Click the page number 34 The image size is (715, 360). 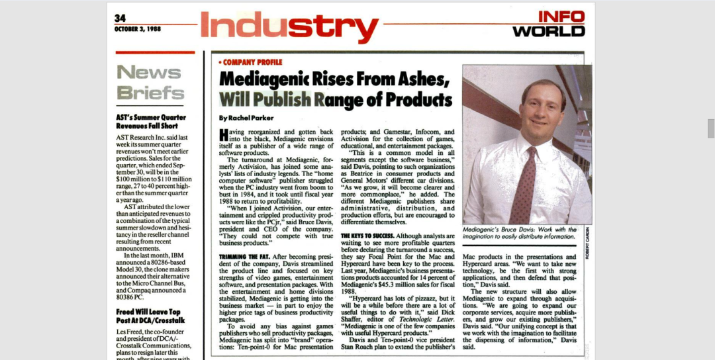(x=119, y=18)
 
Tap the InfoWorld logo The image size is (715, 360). (x=549, y=24)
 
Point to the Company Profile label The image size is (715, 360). (x=251, y=62)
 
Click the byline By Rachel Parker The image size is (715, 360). (x=246, y=118)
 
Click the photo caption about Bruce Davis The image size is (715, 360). (x=519, y=232)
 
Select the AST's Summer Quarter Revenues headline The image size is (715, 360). (x=151, y=121)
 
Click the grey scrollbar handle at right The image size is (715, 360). (x=710, y=128)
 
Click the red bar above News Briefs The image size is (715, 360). (x=155, y=52)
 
